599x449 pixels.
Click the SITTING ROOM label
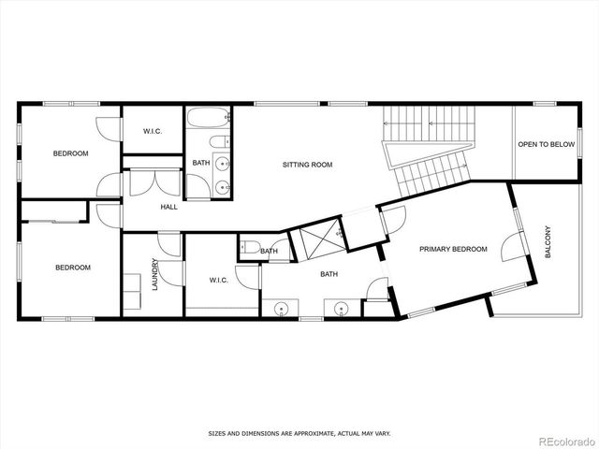click(308, 165)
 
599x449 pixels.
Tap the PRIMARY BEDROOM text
click(454, 249)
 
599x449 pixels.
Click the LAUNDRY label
click(155, 275)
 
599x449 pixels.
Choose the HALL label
click(168, 207)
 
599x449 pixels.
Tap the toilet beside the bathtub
click(218, 142)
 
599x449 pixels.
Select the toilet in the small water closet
click(247, 249)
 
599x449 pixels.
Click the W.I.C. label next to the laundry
click(220, 280)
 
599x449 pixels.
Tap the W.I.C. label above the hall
click(153, 132)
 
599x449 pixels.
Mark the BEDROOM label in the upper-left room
click(70, 153)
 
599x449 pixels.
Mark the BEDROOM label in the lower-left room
click(73, 268)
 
